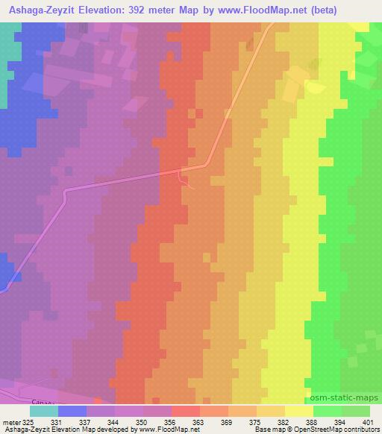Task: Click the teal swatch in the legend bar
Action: (43, 411)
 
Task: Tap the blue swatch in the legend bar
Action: (72, 411)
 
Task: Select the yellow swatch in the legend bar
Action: (299, 411)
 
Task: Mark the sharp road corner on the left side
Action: (65, 192)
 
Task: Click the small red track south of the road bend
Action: (185, 180)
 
